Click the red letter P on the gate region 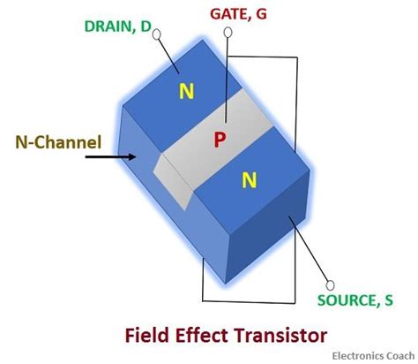pyautogui.click(x=220, y=140)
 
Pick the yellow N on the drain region pyautogui.click(x=187, y=90)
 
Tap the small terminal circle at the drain pyautogui.click(x=158, y=36)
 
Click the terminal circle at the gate pyautogui.click(x=228, y=34)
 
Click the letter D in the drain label pyautogui.click(x=145, y=26)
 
